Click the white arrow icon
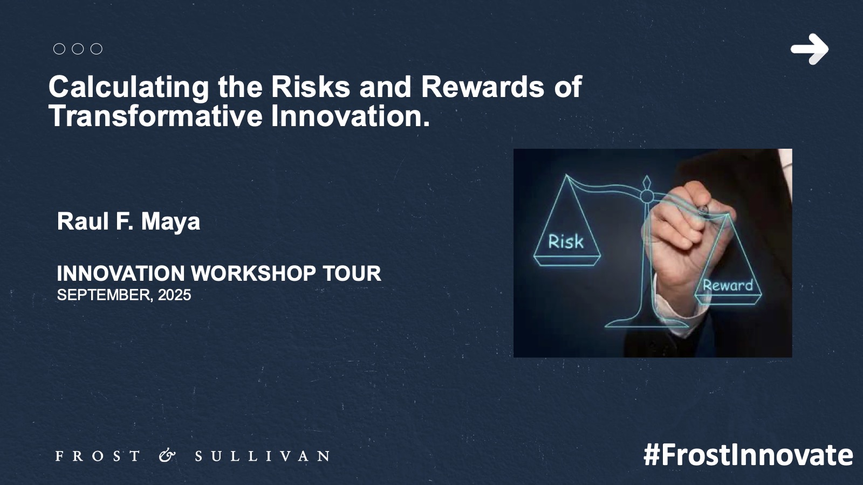pyautogui.click(x=809, y=49)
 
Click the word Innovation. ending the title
pyautogui.click(x=351, y=116)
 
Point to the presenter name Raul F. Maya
pyautogui.click(x=129, y=222)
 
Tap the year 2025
pyautogui.click(x=175, y=295)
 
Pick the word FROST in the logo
pyautogui.click(x=98, y=456)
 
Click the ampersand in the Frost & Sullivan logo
pyautogui.click(x=167, y=456)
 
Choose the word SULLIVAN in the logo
pyautogui.click(x=262, y=456)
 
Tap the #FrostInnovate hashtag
pyautogui.click(x=748, y=455)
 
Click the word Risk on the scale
pyautogui.click(x=566, y=242)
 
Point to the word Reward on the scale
pyautogui.click(x=728, y=285)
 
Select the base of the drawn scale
pyautogui.click(x=646, y=323)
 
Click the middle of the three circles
pyautogui.click(x=78, y=49)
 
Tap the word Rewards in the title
pyautogui.click(x=483, y=87)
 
